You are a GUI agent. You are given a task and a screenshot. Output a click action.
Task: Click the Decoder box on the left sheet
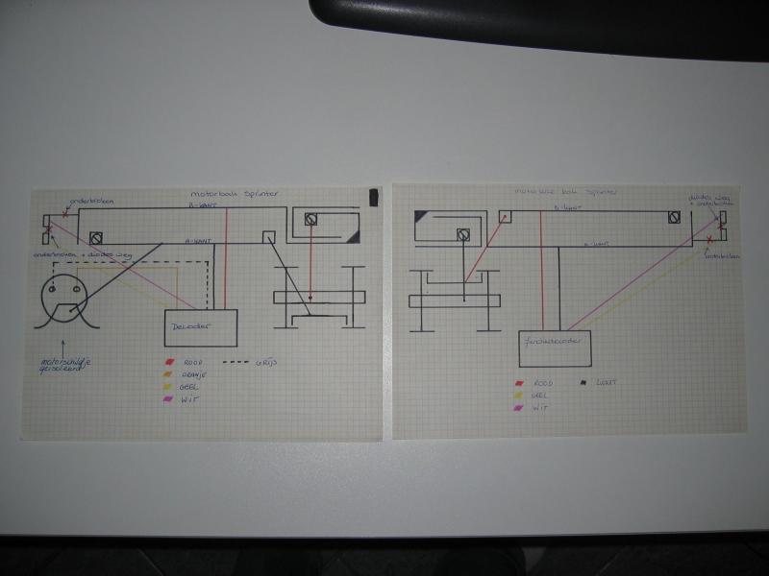tap(202, 327)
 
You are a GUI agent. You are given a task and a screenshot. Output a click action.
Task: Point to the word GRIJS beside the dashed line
tap(266, 364)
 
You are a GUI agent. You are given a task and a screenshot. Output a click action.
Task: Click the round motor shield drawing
tap(64, 293)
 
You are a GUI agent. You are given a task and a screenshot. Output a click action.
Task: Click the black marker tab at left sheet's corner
tap(374, 197)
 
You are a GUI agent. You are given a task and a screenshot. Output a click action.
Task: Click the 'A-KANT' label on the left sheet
tap(198, 242)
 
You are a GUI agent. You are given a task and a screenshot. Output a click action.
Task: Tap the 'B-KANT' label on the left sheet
tap(202, 204)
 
